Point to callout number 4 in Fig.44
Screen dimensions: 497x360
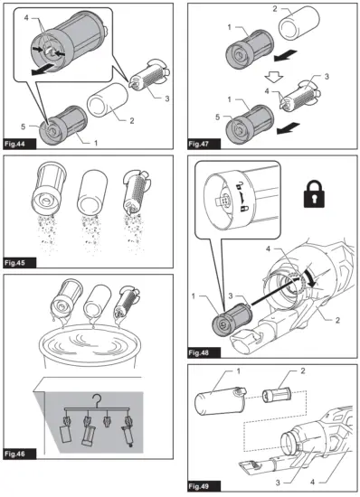click(x=26, y=18)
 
